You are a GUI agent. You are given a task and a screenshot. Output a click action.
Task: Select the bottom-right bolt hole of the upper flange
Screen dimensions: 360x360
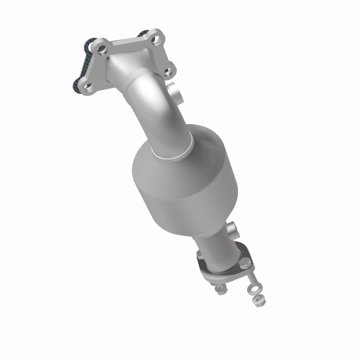pyautogui.click(x=167, y=71)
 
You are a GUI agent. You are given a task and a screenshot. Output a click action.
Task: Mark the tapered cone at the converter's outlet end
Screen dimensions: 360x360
pyautogui.click(x=211, y=220)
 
